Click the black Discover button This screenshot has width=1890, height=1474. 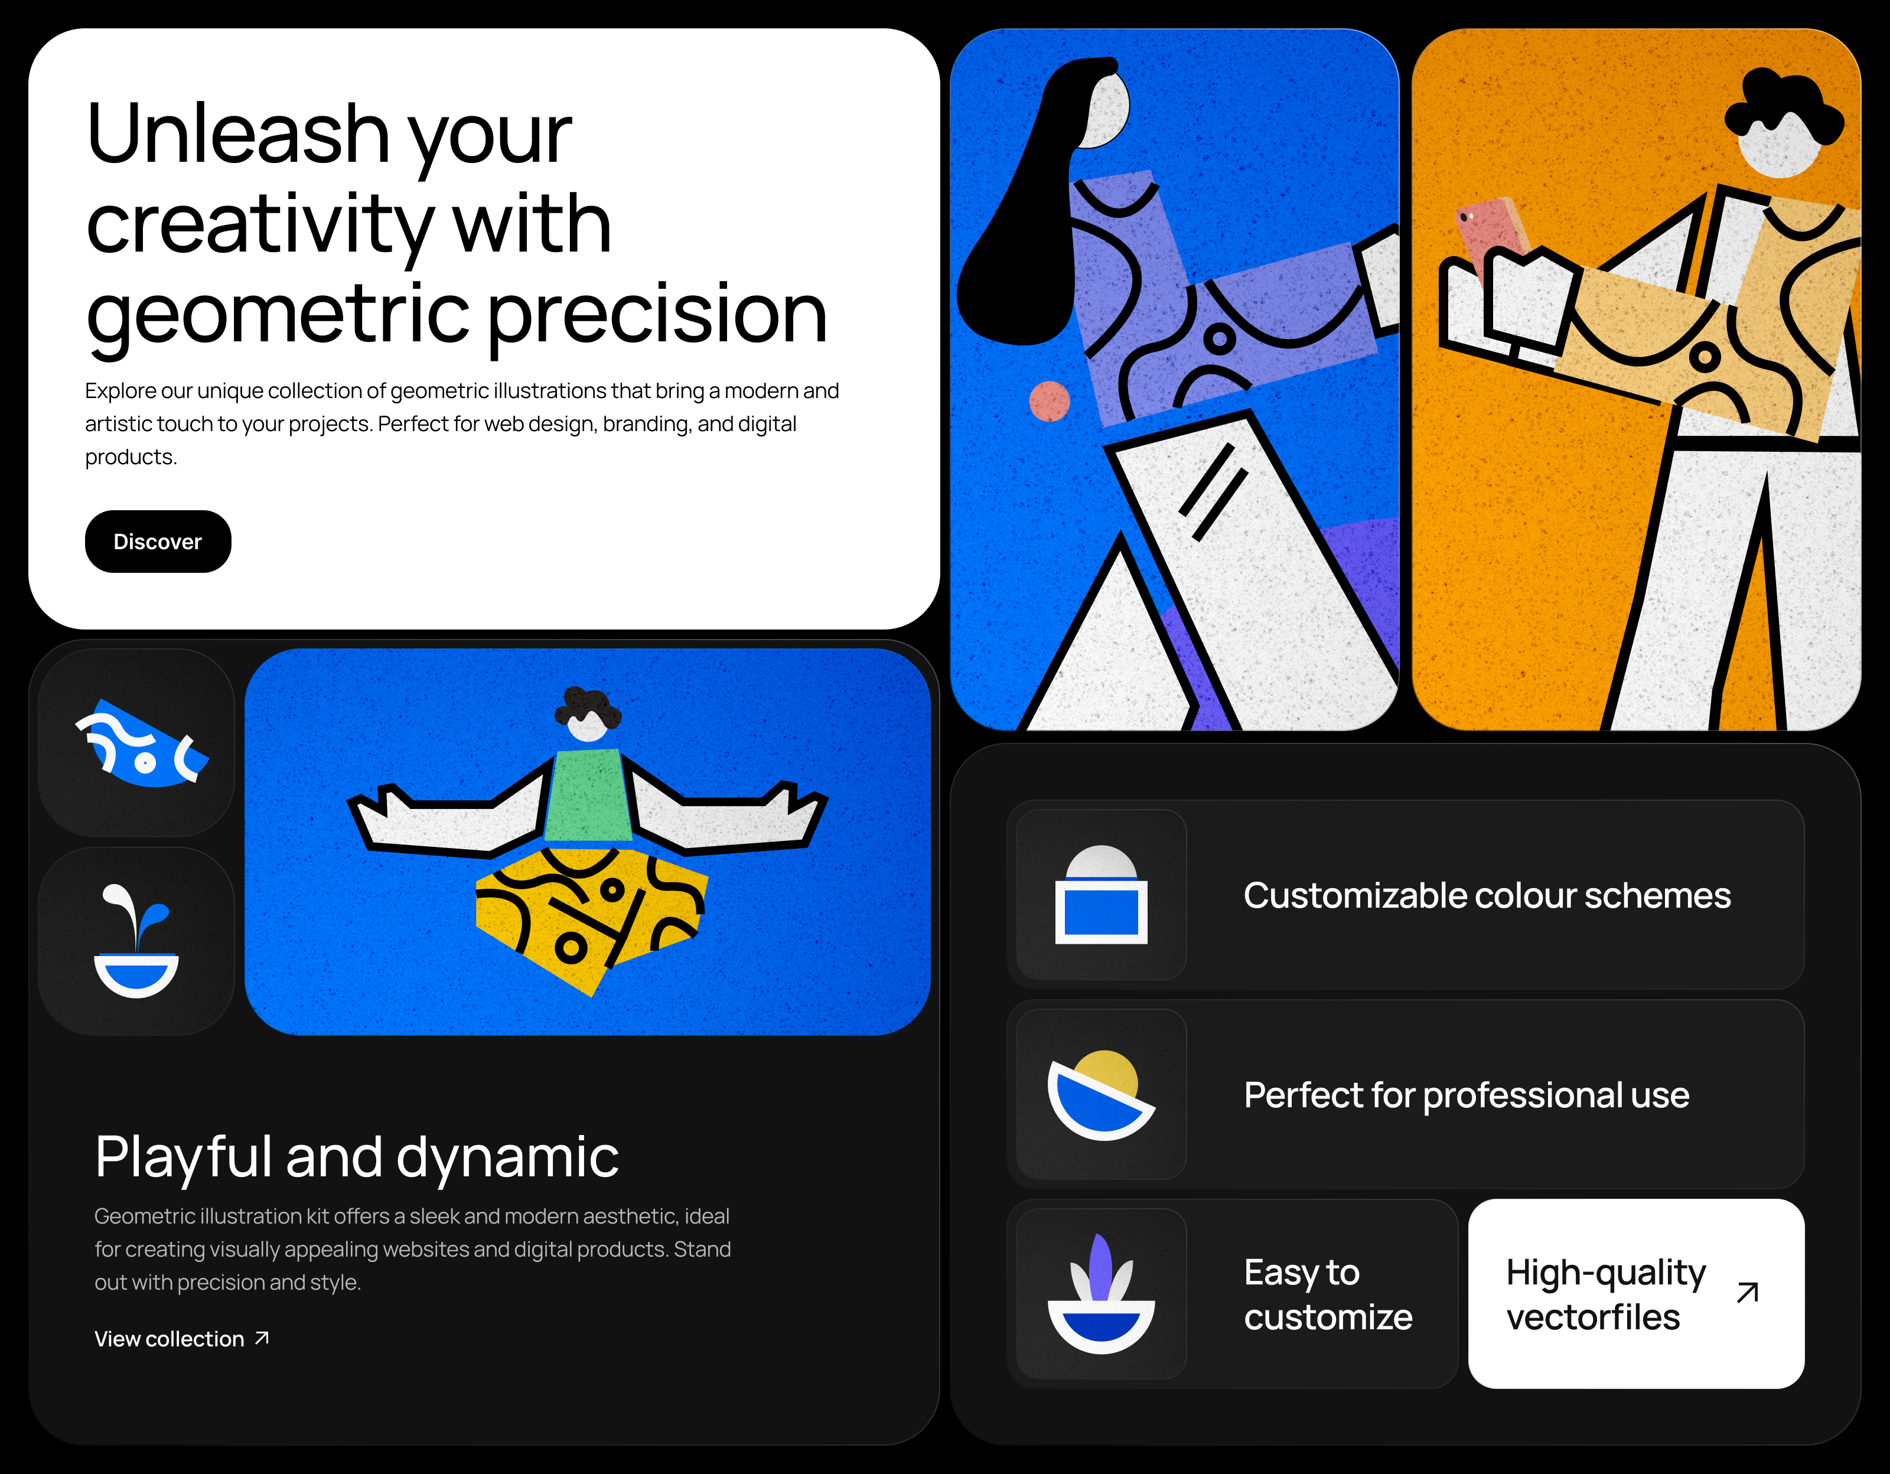(158, 542)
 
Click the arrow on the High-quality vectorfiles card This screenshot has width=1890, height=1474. (1747, 1292)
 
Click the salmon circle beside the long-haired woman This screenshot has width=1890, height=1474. (1049, 402)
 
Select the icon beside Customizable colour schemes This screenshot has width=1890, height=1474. (1101, 895)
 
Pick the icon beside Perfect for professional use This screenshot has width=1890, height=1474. (1101, 1094)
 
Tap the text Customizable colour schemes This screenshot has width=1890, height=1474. (1486, 895)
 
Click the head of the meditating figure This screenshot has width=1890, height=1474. (588, 716)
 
